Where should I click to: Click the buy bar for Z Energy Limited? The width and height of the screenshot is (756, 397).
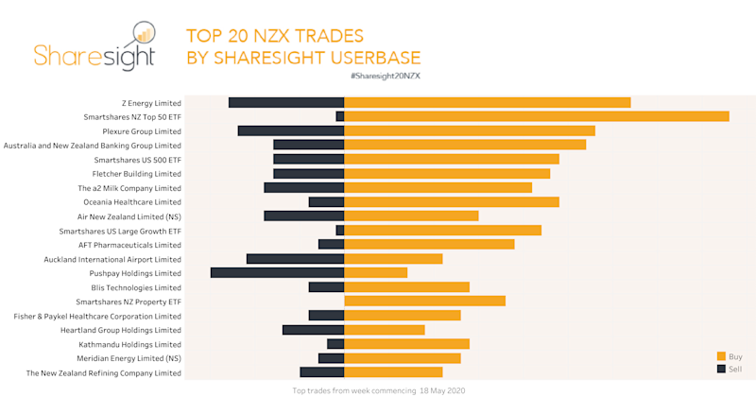487,102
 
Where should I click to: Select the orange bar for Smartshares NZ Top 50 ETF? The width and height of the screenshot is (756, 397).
536,116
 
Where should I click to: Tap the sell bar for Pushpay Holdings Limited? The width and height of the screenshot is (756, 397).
277,272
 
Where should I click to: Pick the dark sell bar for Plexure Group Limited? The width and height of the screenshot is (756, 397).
291,130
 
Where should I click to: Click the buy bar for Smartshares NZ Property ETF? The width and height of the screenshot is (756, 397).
424,301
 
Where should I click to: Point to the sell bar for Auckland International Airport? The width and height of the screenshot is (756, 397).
295,258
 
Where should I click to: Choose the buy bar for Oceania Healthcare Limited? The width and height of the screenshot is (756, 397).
451,201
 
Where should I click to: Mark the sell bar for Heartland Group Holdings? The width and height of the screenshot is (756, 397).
313,329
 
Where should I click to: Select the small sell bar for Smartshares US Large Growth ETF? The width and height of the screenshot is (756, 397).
340,230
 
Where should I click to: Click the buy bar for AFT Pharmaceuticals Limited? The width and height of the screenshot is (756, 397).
429,244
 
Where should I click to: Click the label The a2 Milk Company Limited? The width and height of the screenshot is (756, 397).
129,188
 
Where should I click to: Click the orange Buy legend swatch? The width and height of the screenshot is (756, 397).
721,356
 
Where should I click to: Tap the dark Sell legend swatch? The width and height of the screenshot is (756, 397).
721,369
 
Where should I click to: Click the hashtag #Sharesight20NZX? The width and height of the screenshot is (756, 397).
385,75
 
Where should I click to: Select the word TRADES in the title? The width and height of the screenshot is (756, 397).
318,36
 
